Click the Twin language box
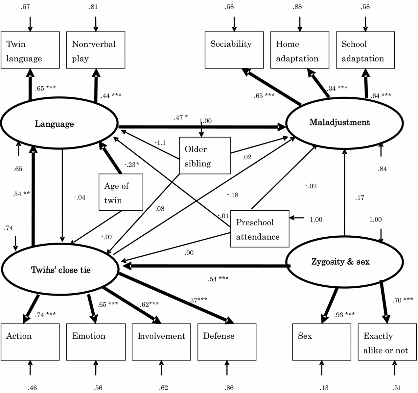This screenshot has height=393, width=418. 30,50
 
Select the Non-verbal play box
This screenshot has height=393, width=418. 96,50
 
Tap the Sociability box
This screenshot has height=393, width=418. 234,50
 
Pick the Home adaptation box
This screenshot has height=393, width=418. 300,50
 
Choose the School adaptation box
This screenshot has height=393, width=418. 365,50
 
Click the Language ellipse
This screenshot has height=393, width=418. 59,123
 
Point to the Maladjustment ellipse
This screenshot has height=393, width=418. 344,123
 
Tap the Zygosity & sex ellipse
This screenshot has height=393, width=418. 344,262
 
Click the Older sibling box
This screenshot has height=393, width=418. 205,156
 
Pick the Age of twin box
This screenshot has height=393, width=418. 121,192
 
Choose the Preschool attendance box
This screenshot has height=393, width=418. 260,229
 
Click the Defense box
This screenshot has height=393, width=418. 227,342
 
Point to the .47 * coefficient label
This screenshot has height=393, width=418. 181,117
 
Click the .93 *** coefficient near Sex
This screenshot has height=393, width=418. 344,314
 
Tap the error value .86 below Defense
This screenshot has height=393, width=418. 229,388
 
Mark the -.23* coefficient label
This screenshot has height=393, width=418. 132,165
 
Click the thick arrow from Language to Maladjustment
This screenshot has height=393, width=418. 197,127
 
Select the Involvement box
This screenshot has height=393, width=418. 161,342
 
